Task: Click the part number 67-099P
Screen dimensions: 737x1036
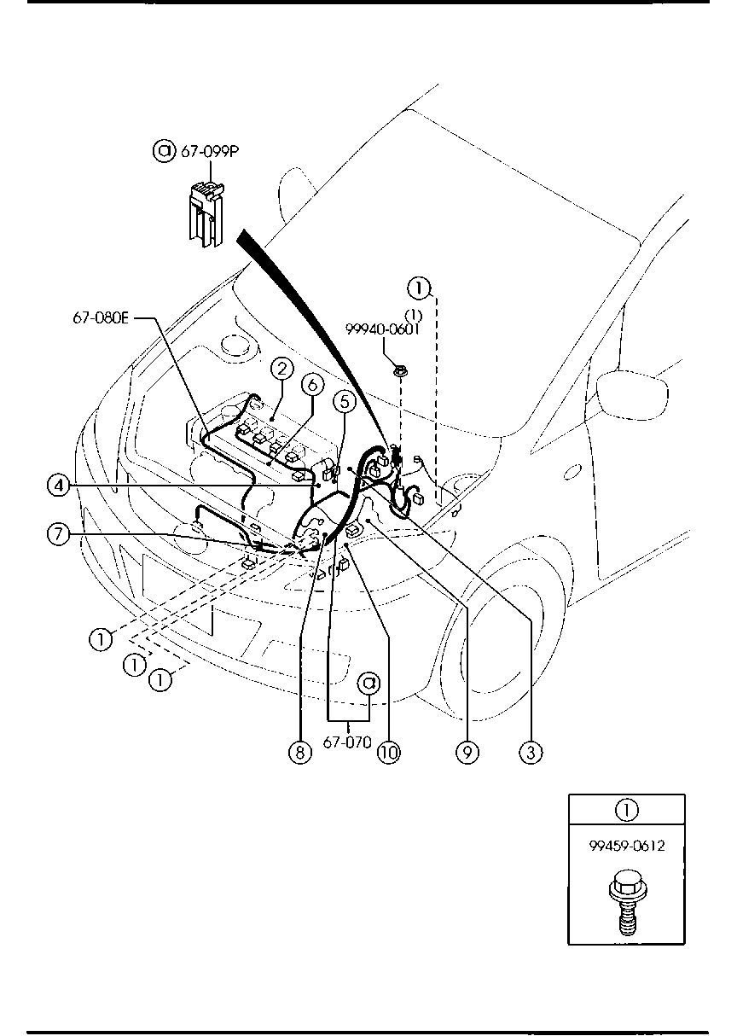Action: click(210, 151)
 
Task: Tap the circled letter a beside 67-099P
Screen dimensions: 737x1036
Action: click(164, 151)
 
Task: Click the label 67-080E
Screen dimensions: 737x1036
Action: click(101, 318)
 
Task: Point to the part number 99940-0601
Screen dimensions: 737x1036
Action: click(382, 329)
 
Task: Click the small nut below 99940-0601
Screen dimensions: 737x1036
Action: click(400, 370)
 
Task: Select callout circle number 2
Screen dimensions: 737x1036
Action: click(282, 369)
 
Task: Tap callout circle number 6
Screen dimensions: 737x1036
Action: click(312, 384)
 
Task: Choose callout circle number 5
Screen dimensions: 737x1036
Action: click(345, 401)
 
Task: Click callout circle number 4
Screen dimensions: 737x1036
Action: click(58, 486)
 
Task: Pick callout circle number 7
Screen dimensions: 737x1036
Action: click(58, 535)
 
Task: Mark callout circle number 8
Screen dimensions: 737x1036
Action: click(300, 753)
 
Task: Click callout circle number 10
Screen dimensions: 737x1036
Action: click(389, 753)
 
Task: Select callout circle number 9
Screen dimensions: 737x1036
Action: click(467, 753)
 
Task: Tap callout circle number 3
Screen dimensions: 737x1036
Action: click(531, 753)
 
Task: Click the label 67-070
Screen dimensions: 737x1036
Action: click(347, 742)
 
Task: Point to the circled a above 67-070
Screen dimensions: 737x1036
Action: click(369, 683)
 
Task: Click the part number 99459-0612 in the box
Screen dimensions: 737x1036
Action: click(627, 846)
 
